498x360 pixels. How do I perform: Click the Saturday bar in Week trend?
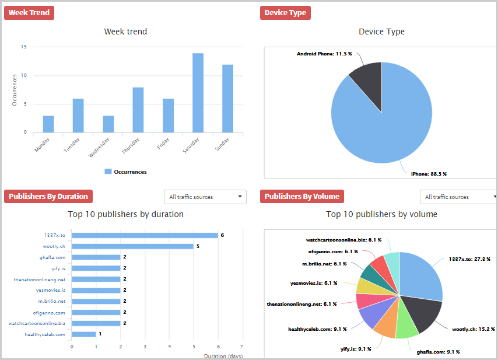198,93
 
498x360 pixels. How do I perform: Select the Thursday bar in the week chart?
138,110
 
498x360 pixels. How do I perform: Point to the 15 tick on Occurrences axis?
23,47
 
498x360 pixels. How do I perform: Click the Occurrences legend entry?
125,172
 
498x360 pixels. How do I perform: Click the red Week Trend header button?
29,13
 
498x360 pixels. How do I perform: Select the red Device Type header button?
285,13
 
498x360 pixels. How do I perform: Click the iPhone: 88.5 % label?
429,174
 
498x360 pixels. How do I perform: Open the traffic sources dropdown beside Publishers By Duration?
205,197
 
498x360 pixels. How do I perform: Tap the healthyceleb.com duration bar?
84,334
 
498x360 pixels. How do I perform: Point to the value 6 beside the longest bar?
222,235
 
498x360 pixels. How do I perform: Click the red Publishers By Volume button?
302,197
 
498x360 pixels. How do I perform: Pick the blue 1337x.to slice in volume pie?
421,274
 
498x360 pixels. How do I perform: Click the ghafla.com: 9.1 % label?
439,352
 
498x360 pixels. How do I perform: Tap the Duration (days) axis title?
223,355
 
